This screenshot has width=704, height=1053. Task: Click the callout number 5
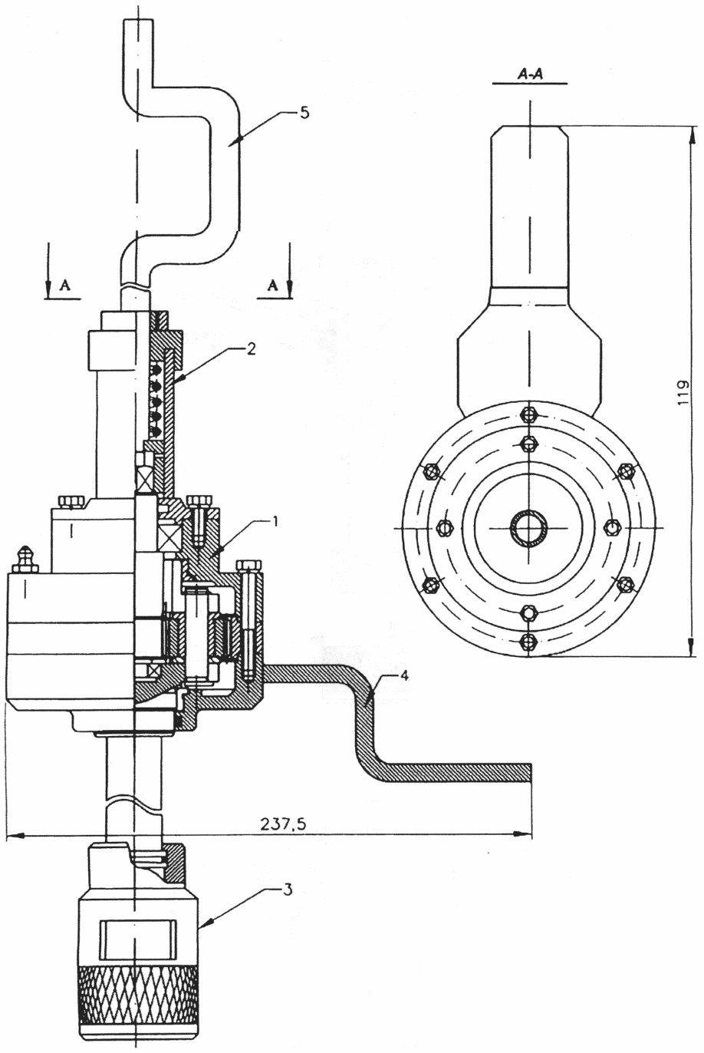click(304, 114)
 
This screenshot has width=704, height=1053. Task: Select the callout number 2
click(251, 349)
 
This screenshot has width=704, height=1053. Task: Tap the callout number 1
click(275, 521)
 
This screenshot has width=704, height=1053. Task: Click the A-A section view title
click(530, 74)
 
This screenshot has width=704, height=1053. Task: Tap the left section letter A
click(65, 286)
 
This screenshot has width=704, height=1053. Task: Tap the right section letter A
click(272, 286)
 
